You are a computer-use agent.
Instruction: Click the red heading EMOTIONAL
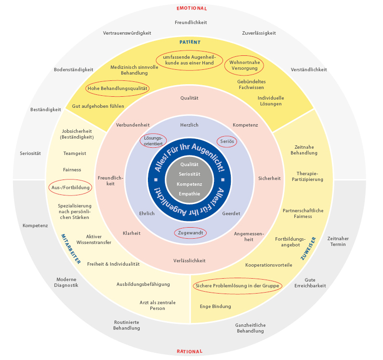click(x=192, y=8)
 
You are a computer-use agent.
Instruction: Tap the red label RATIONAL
click(x=189, y=351)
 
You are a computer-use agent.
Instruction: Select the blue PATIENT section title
click(x=190, y=42)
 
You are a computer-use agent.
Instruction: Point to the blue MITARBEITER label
click(x=71, y=248)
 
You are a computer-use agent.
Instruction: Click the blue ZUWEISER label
click(x=308, y=248)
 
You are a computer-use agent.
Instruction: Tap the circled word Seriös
click(x=227, y=141)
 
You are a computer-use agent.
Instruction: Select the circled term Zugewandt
click(x=189, y=232)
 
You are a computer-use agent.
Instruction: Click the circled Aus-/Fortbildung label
click(x=70, y=188)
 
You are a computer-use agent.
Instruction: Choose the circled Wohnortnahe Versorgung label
click(x=244, y=65)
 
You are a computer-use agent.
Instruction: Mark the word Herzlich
click(x=189, y=125)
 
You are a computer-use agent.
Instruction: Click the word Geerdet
click(x=231, y=213)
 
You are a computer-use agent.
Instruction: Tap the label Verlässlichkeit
click(x=189, y=260)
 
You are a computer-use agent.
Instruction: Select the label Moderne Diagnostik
click(x=67, y=282)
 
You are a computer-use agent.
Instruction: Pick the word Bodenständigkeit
click(x=74, y=69)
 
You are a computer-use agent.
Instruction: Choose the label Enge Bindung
click(x=215, y=306)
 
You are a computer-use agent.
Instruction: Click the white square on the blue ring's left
click(x=156, y=180)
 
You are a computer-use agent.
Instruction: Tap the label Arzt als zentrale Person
click(x=158, y=305)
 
